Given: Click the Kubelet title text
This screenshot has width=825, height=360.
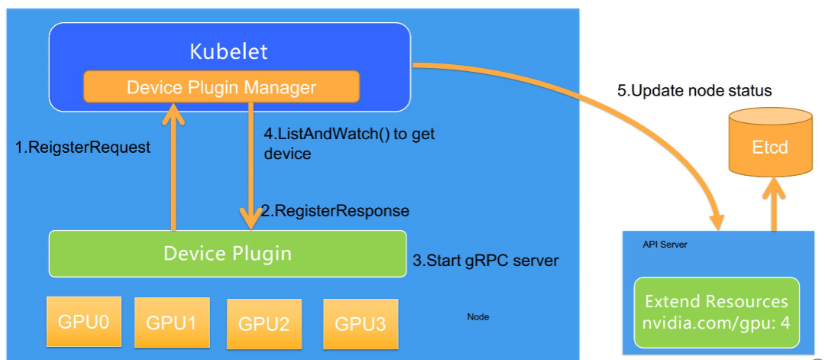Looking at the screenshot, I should [228, 52].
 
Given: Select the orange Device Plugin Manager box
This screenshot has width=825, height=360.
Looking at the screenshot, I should [221, 87].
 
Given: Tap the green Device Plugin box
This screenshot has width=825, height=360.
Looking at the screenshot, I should [227, 253].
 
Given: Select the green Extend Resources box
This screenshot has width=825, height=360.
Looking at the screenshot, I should [717, 310].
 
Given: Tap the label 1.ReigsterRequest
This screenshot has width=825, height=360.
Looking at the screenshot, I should [83, 148].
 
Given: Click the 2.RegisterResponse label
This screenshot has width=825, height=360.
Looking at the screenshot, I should [335, 210].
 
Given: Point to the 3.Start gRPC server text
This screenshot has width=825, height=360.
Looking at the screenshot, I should [486, 261].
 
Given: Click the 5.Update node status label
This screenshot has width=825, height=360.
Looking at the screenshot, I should [694, 90].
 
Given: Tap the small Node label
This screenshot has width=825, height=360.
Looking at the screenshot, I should [478, 316].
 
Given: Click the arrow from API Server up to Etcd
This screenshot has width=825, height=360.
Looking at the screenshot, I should [774, 205].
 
